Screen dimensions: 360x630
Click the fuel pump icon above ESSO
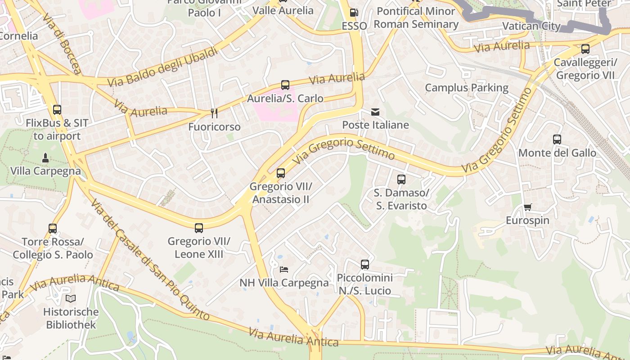click(x=354, y=13)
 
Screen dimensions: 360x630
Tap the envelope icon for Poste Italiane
click(x=375, y=112)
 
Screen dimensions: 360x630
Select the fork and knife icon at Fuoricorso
click(x=214, y=113)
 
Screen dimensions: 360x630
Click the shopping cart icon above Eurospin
click(x=527, y=207)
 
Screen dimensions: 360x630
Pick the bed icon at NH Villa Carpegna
click(x=284, y=269)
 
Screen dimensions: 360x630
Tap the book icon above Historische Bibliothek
click(x=71, y=298)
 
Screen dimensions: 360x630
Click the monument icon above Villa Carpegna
click(x=45, y=158)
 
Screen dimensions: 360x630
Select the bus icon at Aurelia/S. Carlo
click(x=285, y=85)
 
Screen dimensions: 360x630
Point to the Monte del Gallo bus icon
click(x=557, y=139)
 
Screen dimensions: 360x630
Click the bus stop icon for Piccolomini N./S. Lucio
click(x=365, y=265)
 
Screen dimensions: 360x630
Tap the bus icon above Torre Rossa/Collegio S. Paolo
click(x=53, y=229)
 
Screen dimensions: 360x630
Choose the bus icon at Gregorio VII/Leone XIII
click(x=199, y=228)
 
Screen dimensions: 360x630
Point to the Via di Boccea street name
click(x=63, y=44)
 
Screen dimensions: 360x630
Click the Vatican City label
click(x=531, y=26)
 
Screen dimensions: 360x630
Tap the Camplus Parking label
click(x=467, y=88)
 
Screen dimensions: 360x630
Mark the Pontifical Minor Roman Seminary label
click(x=416, y=18)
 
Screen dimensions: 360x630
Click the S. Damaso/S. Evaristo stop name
click(x=400, y=199)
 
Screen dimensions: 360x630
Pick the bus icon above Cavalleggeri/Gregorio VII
click(x=585, y=49)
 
